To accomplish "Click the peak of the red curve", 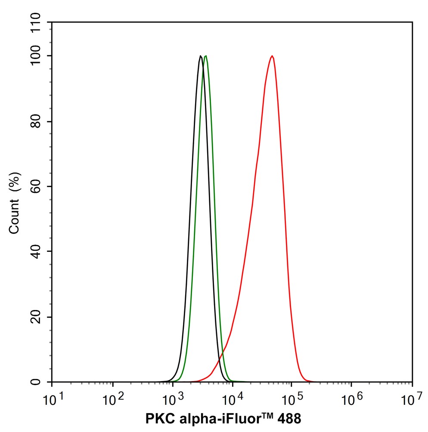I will click(272, 56).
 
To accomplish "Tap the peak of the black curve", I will click(201, 56).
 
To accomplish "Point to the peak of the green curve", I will click(206, 56).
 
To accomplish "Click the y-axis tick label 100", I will click(37, 56).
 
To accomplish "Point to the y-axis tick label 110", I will click(37, 23).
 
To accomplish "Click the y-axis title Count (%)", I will click(15, 203).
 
